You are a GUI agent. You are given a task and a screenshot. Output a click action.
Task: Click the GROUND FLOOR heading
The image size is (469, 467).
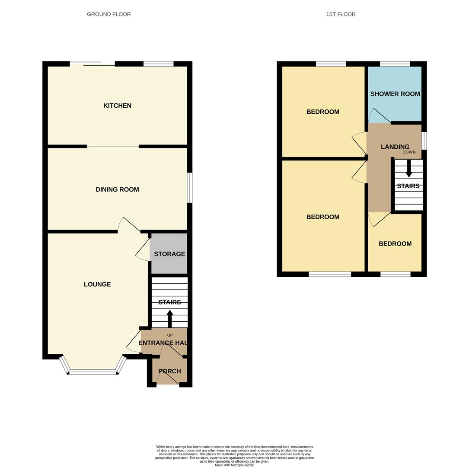(109, 14)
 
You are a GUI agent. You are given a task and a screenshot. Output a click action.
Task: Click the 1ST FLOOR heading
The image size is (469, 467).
(341, 14)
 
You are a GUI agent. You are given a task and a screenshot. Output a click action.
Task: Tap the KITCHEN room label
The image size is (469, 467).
(117, 106)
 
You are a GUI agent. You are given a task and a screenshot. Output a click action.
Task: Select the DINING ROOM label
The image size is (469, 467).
(117, 189)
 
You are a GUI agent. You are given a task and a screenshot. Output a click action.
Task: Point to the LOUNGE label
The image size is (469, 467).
(97, 284)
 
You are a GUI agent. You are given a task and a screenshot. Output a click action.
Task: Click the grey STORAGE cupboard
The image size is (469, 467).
(169, 254)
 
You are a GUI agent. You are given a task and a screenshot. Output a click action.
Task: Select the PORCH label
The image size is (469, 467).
(169, 371)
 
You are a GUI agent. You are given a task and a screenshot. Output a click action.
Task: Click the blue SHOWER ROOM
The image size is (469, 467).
(395, 94)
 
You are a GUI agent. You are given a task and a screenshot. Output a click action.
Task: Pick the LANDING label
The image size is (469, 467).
(395, 147)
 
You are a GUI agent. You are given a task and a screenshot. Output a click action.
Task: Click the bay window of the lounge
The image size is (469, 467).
(93, 371)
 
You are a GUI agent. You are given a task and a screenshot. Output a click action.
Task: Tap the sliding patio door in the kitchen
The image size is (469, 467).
(93, 64)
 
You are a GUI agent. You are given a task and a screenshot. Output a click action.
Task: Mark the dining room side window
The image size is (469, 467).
(189, 188)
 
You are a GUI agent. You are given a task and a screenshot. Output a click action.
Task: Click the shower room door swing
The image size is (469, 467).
(379, 116)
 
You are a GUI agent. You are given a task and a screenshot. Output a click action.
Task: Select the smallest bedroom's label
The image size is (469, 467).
(395, 243)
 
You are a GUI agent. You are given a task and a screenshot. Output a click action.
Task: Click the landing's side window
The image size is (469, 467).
(424, 141)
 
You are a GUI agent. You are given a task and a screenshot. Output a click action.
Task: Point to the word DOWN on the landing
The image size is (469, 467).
(408, 152)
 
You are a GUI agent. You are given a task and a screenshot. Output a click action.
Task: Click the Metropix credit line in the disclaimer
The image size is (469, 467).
(234, 465)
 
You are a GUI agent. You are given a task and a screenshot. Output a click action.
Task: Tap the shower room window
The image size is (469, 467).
(395, 64)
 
